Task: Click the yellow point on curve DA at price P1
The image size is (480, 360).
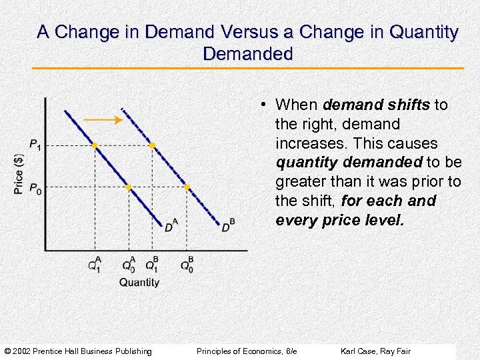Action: tap(95, 145)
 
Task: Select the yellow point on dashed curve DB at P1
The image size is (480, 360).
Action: tap(152, 145)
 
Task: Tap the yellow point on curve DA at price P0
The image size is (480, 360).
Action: tap(129, 187)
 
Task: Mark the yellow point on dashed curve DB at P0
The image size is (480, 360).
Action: tap(187, 187)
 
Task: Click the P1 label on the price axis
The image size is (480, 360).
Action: tap(35, 145)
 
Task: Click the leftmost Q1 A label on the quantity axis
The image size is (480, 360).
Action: tap(95, 265)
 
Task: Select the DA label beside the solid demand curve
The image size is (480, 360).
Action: tap(171, 227)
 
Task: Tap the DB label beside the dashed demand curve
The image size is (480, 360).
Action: tap(228, 227)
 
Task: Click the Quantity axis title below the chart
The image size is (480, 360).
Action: tap(139, 282)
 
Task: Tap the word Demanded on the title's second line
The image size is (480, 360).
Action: tap(248, 54)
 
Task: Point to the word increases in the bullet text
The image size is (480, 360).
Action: tap(308, 143)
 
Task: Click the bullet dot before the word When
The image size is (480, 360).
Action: tap(265, 105)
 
